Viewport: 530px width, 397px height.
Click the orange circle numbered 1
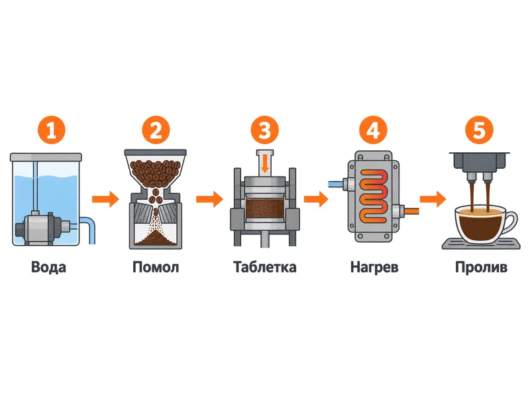pos(52,130)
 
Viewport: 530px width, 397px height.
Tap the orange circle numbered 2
pos(156,130)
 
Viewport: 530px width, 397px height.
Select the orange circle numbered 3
pos(264,130)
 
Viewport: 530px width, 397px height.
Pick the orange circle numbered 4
pos(373,130)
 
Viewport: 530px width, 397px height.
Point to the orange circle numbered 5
pos(479,130)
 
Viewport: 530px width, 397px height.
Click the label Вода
pos(48,267)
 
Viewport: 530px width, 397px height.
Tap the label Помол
pos(156,267)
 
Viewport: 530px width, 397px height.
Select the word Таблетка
pos(264,267)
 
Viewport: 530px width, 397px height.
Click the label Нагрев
pos(374,267)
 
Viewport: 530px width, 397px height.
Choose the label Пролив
pos(481,267)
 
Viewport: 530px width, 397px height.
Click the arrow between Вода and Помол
pos(105,199)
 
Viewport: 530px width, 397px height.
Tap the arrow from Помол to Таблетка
pos(209,199)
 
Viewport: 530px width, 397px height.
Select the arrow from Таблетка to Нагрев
pos(316,199)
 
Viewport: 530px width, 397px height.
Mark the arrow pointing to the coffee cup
pos(433,199)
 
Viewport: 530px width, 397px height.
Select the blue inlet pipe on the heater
pos(336,185)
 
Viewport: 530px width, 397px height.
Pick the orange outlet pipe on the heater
pos(411,212)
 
